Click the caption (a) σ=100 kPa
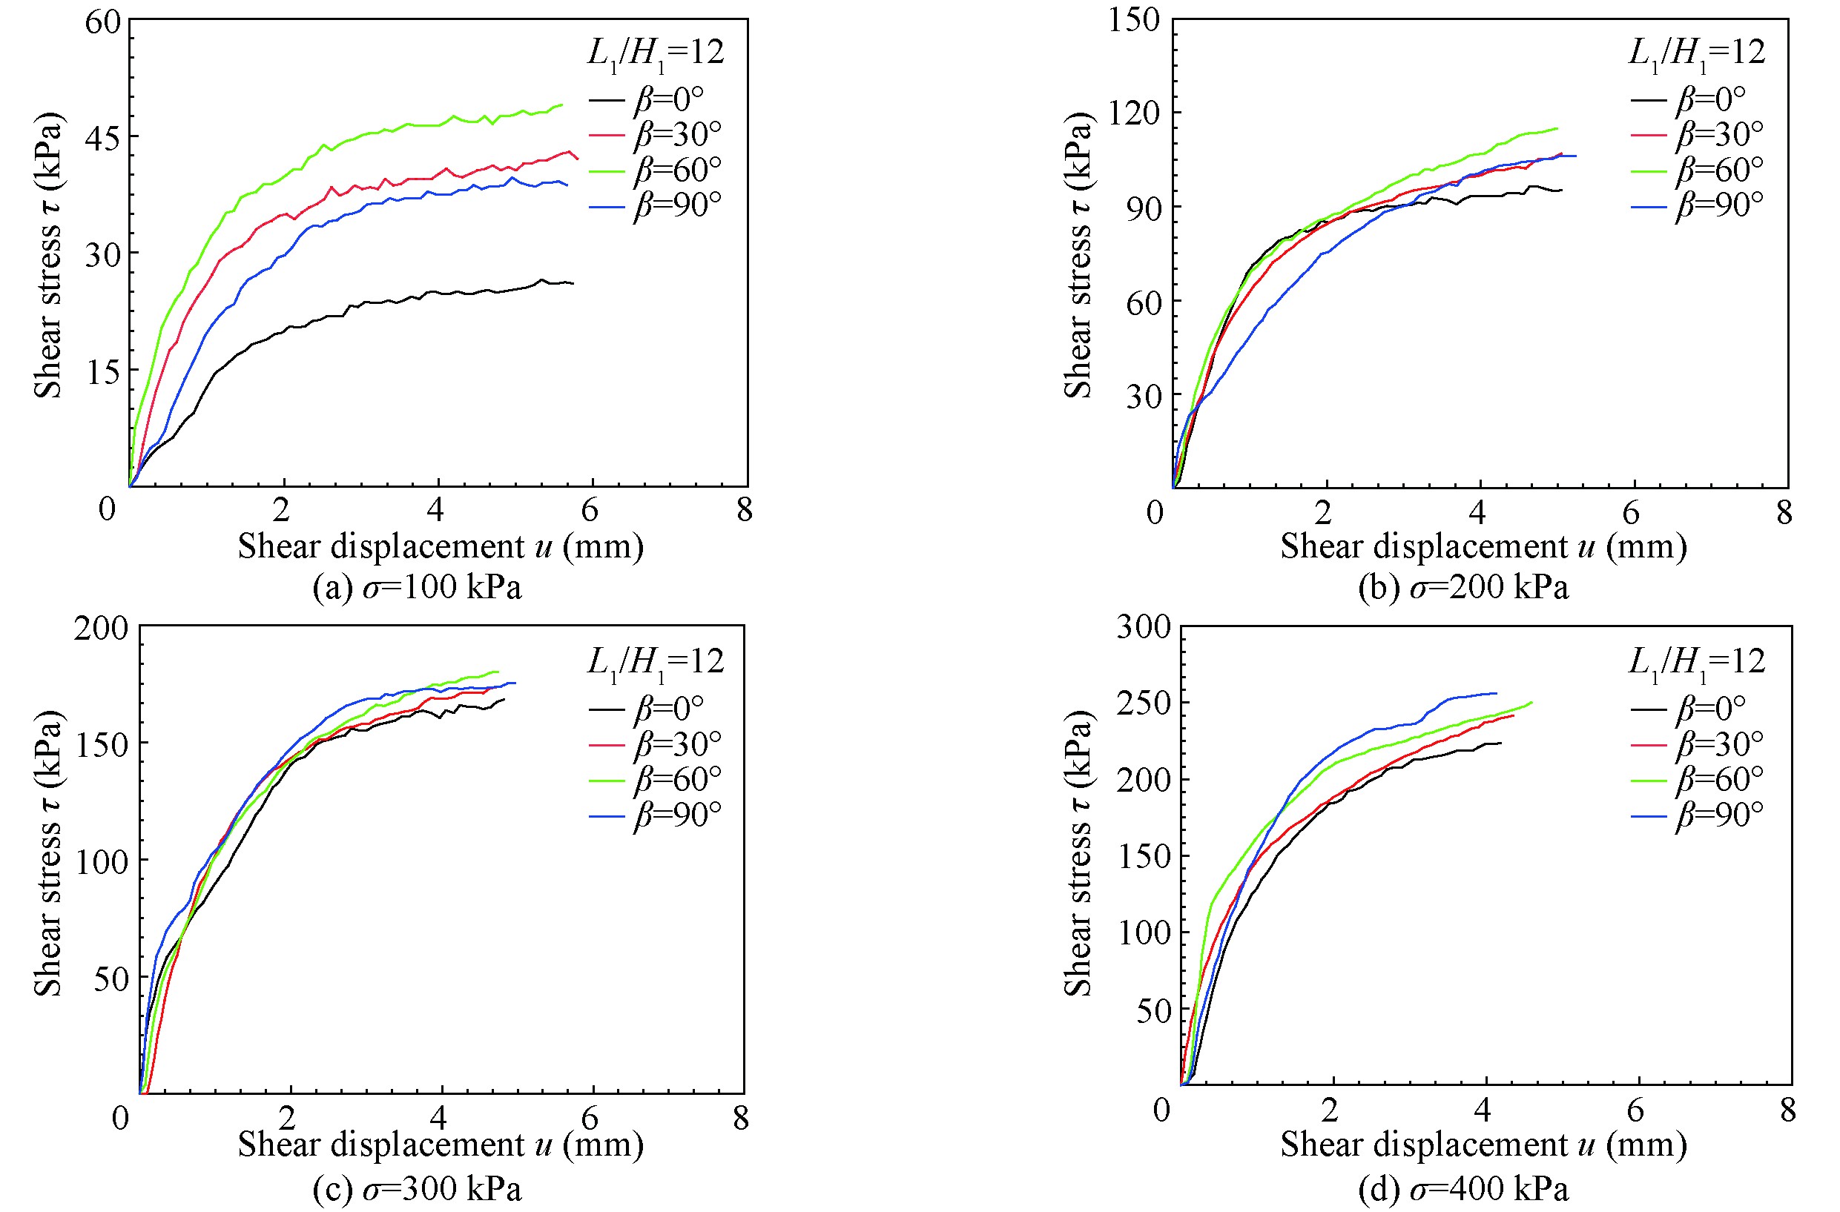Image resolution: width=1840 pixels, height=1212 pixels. click(417, 587)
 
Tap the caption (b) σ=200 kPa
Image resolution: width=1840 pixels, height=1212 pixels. click(1463, 587)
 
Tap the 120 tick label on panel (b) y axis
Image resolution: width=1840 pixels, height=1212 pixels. click(1133, 113)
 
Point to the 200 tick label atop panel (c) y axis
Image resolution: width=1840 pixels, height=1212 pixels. click(101, 628)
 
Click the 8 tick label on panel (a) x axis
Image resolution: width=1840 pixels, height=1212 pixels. click(745, 510)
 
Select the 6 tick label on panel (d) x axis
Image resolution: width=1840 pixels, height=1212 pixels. click(1635, 1110)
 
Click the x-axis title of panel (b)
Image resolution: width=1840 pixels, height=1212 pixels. click(1483, 546)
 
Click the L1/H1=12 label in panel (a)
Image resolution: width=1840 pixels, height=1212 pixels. click(656, 54)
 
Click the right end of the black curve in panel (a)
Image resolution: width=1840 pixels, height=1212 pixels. click(573, 284)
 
